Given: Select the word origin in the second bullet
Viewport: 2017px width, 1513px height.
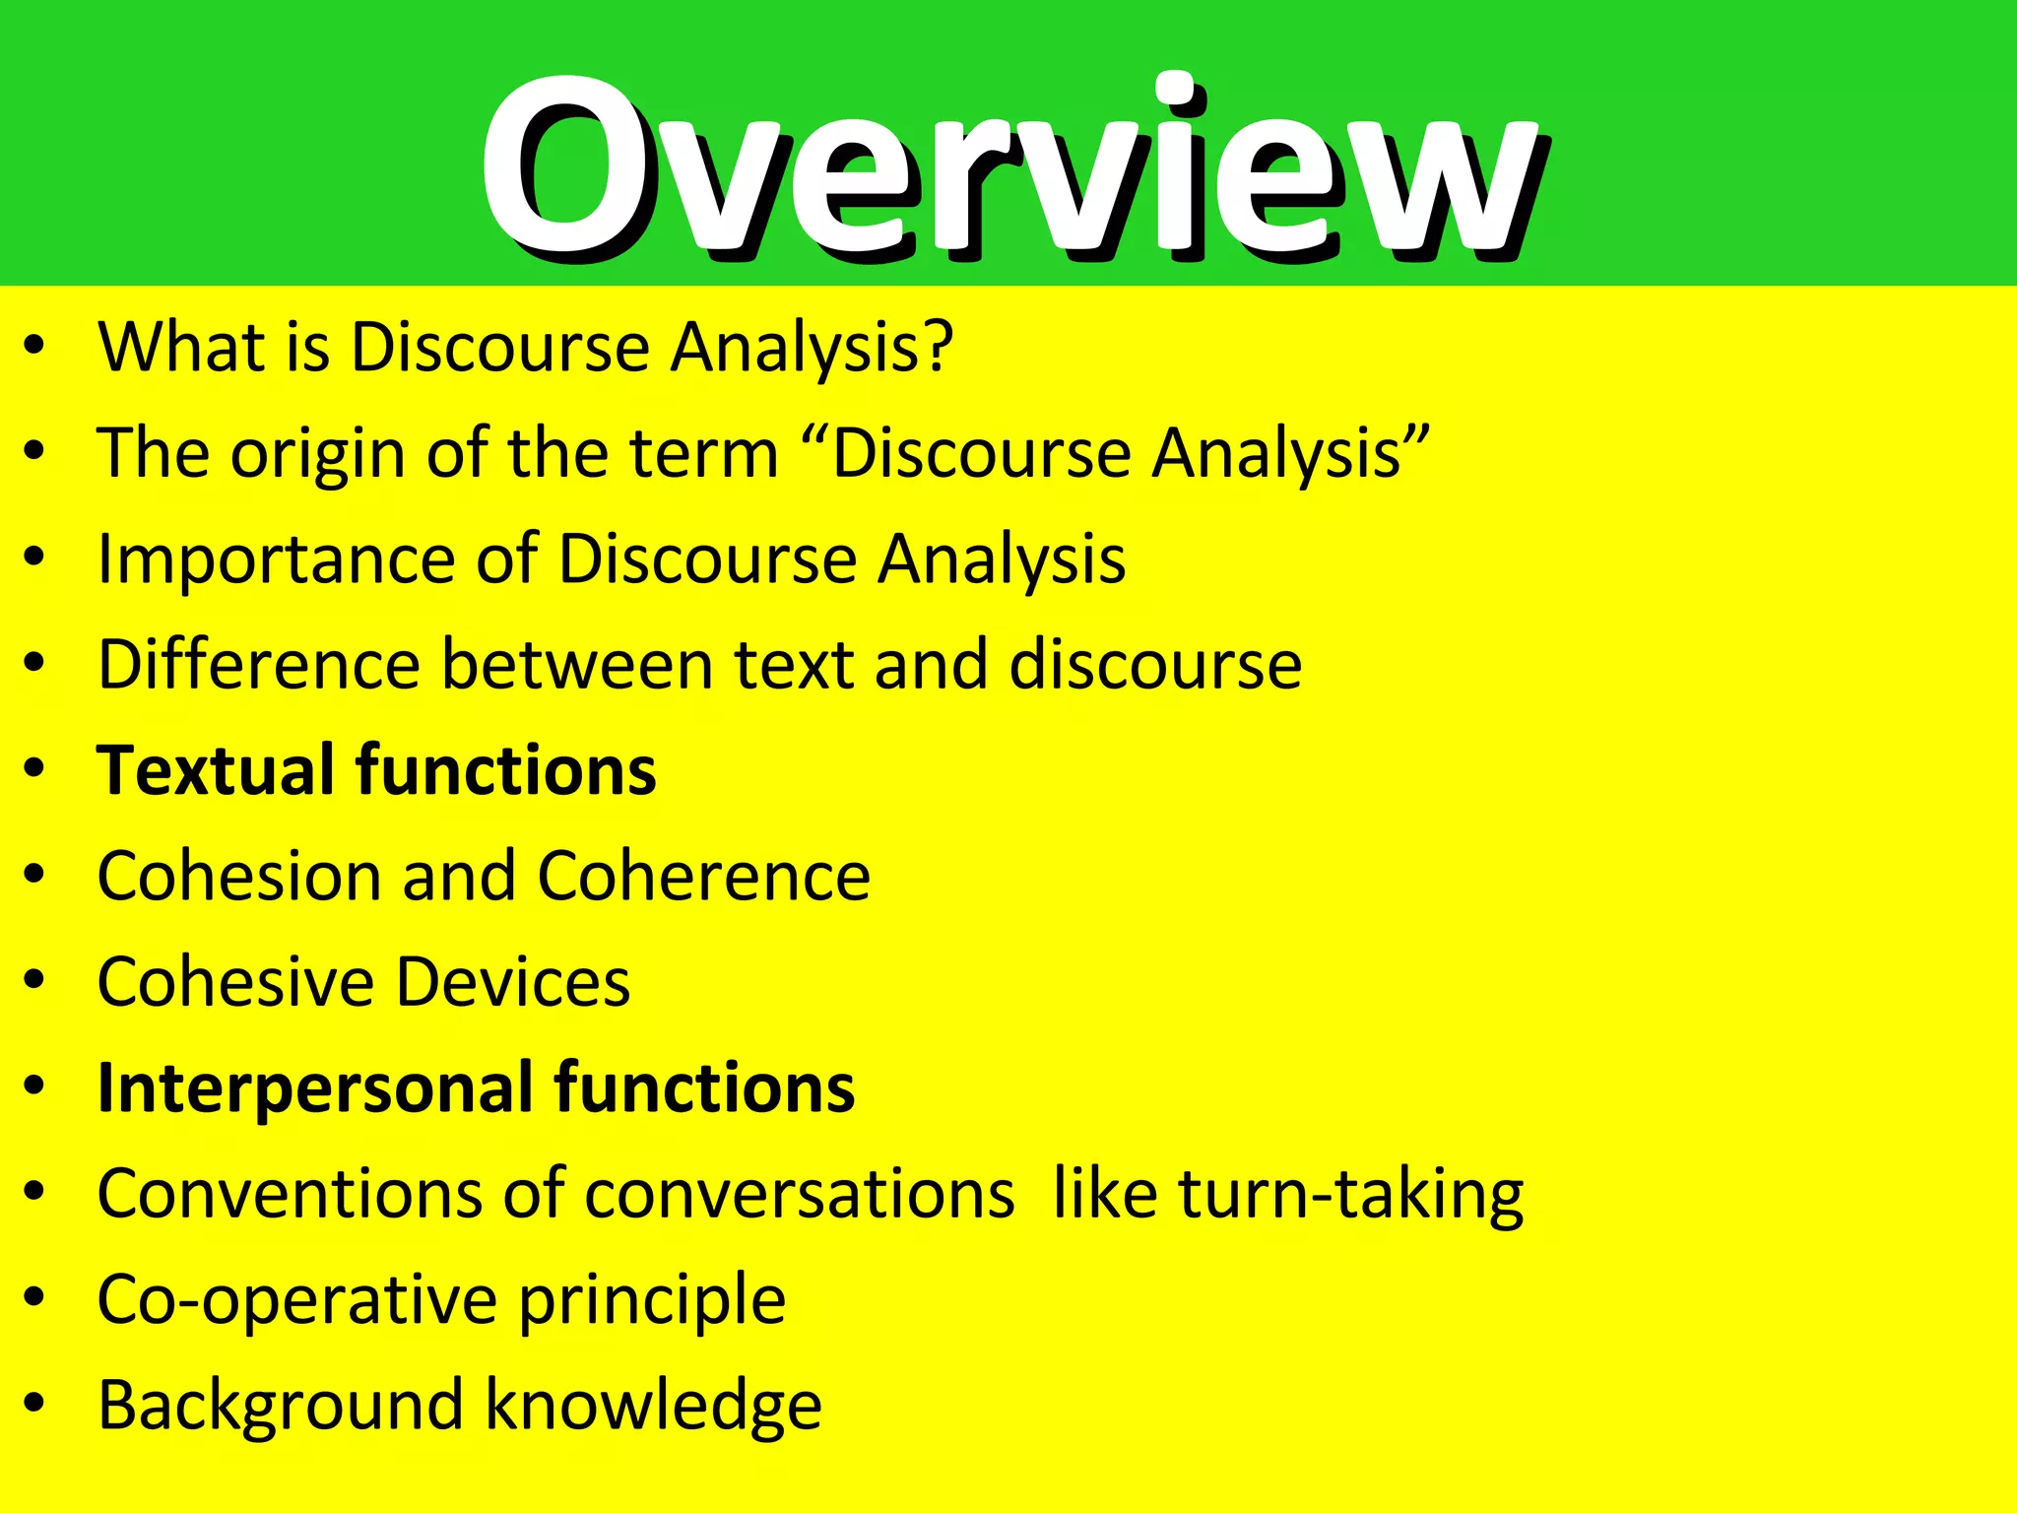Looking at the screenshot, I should [x=318, y=455].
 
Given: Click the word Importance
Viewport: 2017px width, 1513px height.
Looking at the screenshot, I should [x=273, y=560].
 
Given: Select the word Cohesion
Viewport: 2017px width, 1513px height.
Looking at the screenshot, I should [x=236, y=876].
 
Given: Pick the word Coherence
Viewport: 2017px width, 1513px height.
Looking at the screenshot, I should [x=703, y=876].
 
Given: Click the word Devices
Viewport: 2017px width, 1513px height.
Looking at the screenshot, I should [x=513, y=982].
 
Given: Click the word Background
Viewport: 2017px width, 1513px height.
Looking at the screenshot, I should [x=280, y=1406].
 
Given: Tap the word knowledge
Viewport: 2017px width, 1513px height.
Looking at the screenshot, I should [x=654, y=1407].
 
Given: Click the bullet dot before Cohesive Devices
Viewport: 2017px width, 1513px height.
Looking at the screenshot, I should [x=35, y=981].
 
